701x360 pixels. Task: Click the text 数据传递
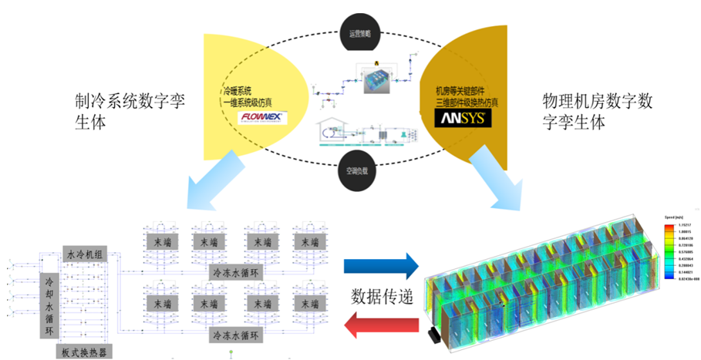[x=379, y=295]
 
